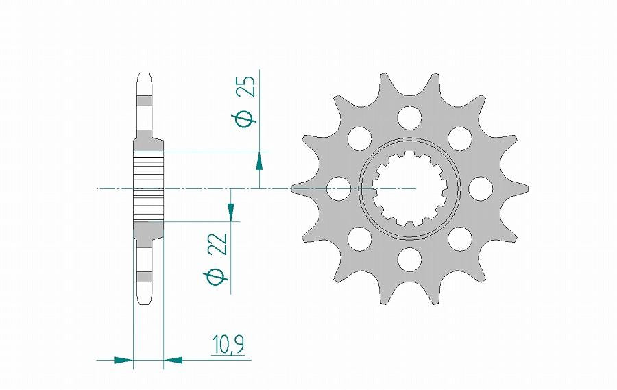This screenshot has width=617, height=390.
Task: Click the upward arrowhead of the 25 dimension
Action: (260, 162)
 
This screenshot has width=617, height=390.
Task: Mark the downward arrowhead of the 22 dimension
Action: (231, 212)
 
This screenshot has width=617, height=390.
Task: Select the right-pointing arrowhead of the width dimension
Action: (123, 358)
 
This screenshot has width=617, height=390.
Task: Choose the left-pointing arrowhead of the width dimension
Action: (173, 358)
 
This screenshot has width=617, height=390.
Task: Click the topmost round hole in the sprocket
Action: (410, 117)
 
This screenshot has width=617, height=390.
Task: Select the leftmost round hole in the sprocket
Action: (339, 188)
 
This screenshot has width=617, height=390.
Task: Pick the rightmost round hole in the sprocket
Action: (481, 188)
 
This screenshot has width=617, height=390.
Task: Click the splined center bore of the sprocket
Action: (410, 188)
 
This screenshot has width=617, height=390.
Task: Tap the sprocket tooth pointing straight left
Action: (300, 188)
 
